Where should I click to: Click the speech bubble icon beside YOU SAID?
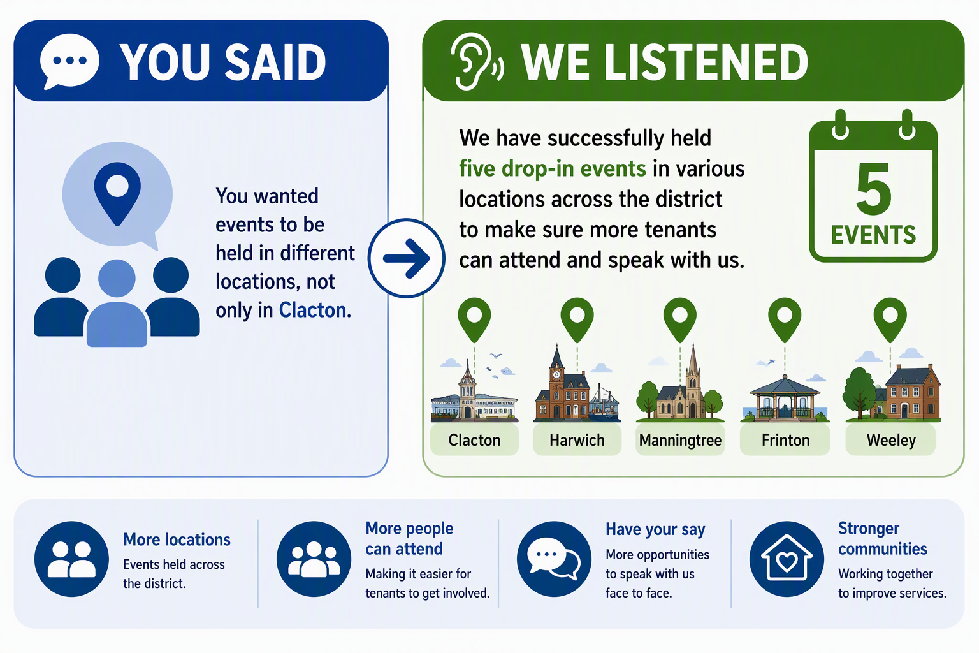69,61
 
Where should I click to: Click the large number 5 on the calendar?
874,189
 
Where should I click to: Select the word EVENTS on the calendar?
873,235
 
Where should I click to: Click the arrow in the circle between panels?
407,258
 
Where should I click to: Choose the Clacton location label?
474,440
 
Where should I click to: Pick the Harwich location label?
577,440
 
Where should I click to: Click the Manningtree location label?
680,440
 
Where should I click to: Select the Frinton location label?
785,440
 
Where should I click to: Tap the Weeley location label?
890,440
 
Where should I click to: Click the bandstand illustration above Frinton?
785,398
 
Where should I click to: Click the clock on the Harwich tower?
556,374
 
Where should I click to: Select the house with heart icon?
787,559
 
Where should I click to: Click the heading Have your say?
655,530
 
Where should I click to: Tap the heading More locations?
177,539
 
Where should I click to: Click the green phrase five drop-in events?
553,169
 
